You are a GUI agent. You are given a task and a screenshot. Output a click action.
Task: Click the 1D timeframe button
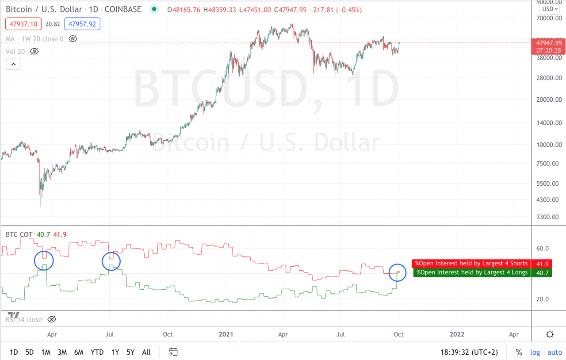tap(14, 352)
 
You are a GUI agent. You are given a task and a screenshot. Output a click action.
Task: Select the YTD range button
tap(97, 352)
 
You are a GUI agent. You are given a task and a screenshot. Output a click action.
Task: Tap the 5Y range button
tap(130, 352)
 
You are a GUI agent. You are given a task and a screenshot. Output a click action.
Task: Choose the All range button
tap(146, 352)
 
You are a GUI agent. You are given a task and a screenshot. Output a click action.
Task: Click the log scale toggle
tap(535, 352)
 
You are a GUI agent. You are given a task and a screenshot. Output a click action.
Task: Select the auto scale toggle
tap(555, 352)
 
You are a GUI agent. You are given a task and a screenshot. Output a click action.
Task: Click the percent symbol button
tap(519, 352)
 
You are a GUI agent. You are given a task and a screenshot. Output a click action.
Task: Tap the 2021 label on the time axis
tap(226, 334)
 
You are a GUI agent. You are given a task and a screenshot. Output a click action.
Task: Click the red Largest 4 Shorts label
tap(471, 264)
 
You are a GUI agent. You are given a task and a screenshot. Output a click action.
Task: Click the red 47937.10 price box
tap(23, 24)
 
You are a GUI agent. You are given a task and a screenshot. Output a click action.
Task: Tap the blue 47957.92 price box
tap(82, 24)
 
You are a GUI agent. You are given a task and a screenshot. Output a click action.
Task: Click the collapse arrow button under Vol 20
tap(13, 65)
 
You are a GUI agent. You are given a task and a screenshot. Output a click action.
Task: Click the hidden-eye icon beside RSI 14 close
tap(51, 319)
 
